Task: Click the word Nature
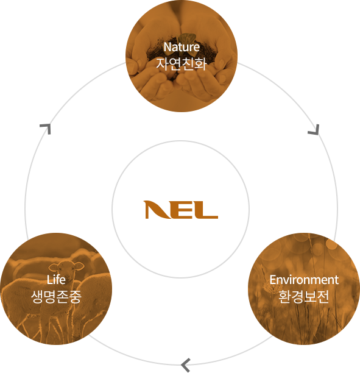coord(182,47)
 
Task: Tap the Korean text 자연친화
coord(181,63)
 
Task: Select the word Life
coord(56,280)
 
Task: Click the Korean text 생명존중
coord(56,296)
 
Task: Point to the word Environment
coord(304,280)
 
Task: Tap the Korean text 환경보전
coord(303,296)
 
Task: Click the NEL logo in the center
coord(181,210)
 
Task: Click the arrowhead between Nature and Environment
coord(314,130)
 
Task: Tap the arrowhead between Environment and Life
coord(185,364)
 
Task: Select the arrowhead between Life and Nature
coord(46,129)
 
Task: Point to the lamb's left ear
coord(54,267)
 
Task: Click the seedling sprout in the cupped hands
coord(187,38)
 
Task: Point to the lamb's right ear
coord(79,266)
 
